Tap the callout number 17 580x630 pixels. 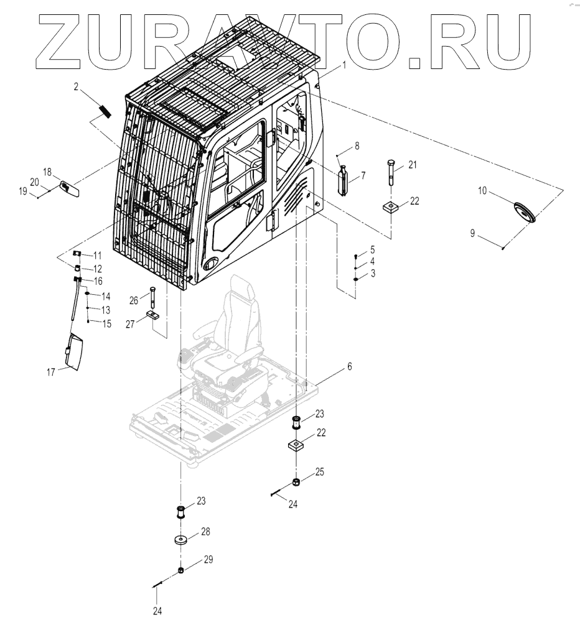click(51, 372)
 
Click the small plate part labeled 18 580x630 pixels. click(69, 188)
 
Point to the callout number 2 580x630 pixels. click(76, 88)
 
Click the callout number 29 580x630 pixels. click(208, 559)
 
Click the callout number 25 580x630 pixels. click(320, 472)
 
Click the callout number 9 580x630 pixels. click(473, 233)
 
